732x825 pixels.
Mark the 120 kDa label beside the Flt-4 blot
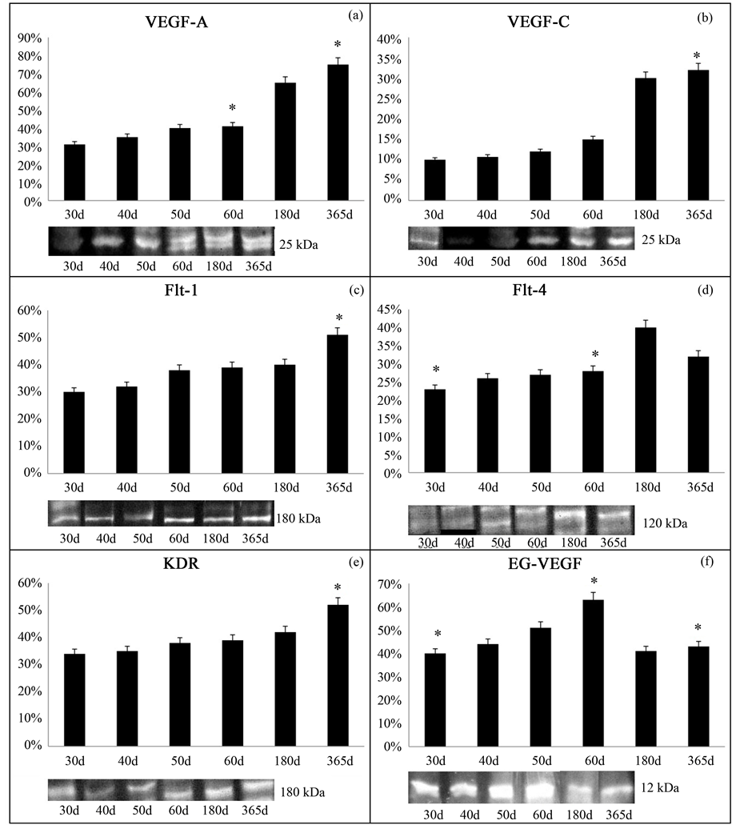point(665,523)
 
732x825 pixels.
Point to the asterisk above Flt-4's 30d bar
point(435,370)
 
